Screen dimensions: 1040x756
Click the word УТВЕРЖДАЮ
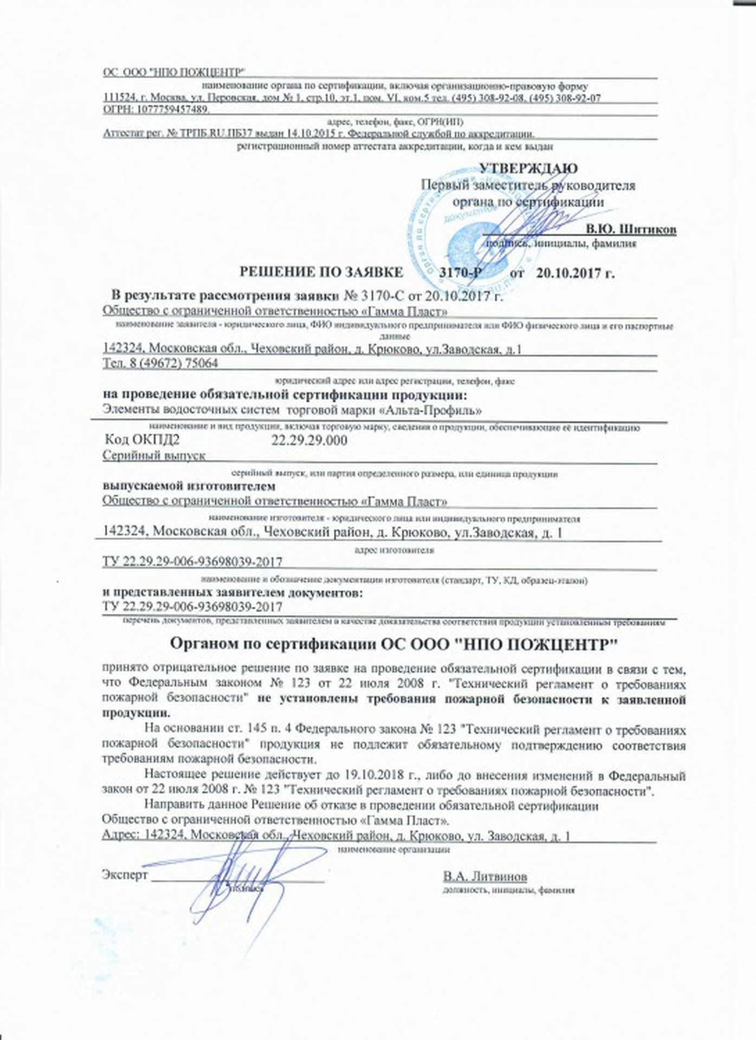pyautogui.click(x=528, y=168)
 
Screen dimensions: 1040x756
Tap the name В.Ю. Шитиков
pyautogui.click(x=631, y=229)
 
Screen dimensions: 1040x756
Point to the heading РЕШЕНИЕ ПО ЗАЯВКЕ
pyautogui.click(x=321, y=272)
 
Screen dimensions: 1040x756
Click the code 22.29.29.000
pyautogui.click(x=309, y=440)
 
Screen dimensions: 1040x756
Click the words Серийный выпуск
pyautogui.click(x=154, y=456)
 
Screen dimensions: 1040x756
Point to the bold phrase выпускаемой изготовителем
pyautogui.click(x=189, y=486)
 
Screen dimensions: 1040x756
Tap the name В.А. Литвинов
pyautogui.click(x=485, y=876)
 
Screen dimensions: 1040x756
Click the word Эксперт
pyautogui.click(x=125, y=875)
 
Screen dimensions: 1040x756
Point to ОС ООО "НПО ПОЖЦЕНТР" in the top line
pyautogui.click(x=174, y=73)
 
